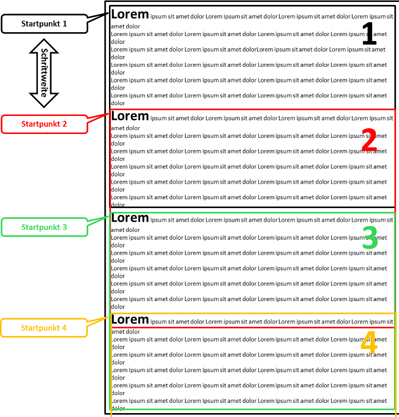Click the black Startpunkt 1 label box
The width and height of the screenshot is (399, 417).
click(x=44, y=24)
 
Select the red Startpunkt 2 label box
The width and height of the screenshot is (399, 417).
click(x=44, y=124)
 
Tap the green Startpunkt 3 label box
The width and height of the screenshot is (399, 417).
click(x=44, y=227)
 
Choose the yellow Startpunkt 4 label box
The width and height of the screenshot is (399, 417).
click(x=44, y=328)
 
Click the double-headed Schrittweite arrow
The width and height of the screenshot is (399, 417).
click(x=44, y=73)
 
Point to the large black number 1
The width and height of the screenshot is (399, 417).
click(x=369, y=34)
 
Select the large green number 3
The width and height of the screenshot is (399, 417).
click(x=370, y=238)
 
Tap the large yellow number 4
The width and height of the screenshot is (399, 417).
click(x=369, y=343)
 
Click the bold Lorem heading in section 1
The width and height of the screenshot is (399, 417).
click(x=130, y=14)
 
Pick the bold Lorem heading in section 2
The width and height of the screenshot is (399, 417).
click(x=130, y=116)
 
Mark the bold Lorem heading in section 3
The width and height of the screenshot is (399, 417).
click(x=130, y=218)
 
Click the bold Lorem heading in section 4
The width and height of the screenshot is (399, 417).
click(x=130, y=320)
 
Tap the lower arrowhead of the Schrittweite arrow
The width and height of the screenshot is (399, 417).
click(x=44, y=100)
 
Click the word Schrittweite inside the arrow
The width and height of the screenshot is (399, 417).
click(x=44, y=73)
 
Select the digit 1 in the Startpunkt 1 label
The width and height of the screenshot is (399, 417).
click(x=65, y=24)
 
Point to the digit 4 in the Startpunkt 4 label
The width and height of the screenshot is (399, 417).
click(x=64, y=328)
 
